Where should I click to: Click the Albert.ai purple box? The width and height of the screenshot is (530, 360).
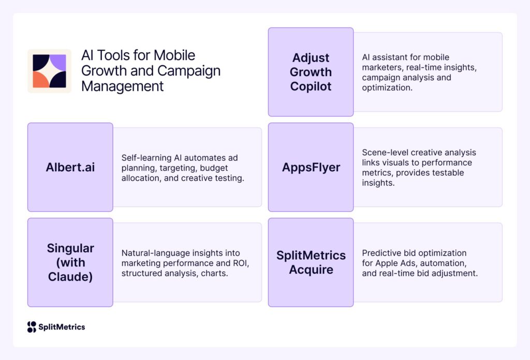[x=70, y=167]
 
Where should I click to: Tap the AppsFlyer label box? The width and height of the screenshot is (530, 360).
[x=311, y=167]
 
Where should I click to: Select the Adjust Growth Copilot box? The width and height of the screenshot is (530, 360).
[x=311, y=72]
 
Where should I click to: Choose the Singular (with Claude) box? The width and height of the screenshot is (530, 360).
[x=70, y=262]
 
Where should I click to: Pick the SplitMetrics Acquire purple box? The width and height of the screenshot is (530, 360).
[x=311, y=262]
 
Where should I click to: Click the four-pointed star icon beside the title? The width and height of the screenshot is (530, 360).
[x=49, y=71]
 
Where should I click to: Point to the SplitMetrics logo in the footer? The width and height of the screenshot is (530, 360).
[x=56, y=327]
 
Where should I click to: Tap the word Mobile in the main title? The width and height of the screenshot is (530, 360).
[x=172, y=55]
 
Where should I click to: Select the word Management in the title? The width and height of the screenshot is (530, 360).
[x=122, y=86]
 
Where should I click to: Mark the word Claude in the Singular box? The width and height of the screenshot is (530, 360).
[x=70, y=276]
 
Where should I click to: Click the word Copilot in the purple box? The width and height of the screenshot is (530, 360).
[x=311, y=86]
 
